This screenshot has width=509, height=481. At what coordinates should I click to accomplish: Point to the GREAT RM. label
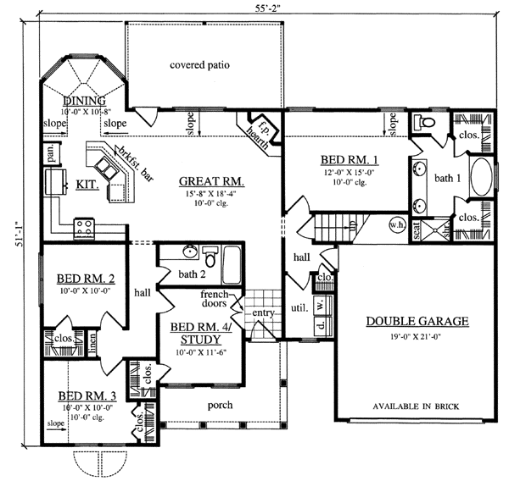[211, 182]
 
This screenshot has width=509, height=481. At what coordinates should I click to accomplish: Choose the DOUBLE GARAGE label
[417, 322]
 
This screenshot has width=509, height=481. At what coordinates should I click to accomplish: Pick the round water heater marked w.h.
[395, 225]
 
